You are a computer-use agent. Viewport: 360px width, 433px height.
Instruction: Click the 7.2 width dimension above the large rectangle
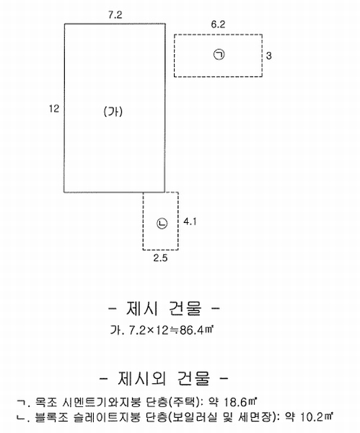pyautogui.click(x=115, y=15)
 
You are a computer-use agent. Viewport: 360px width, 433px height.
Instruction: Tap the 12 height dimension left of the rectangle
pyautogui.click(x=54, y=109)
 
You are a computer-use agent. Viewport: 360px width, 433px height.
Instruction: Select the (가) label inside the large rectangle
pyautogui.click(x=113, y=112)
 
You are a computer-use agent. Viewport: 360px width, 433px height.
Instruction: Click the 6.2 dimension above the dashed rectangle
pyautogui.click(x=218, y=25)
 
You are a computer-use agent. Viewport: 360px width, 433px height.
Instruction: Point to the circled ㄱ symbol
pyautogui.click(x=219, y=54)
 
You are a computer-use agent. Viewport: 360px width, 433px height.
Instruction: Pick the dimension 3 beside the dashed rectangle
pyautogui.click(x=268, y=56)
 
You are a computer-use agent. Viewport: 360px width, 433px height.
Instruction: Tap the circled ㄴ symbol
pyautogui.click(x=162, y=224)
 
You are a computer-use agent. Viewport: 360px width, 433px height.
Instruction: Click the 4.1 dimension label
pyautogui.click(x=190, y=222)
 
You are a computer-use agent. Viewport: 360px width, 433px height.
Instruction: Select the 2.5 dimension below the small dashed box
pyautogui.click(x=160, y=258)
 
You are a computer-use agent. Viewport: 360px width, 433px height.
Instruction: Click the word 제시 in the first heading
pyautogui.click(x=142, y=308)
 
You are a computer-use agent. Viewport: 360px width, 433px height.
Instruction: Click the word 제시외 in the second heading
pyautogui.click(x=142, y=378)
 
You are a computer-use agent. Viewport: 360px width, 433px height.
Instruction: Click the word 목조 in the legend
pyautogui.click(x=45, y=403)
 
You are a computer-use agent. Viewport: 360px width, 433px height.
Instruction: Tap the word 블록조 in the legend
pyautogui.click(x=52, y=417)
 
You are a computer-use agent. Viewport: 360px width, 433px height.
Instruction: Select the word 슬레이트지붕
pyautogui.click(x=107, y=417)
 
